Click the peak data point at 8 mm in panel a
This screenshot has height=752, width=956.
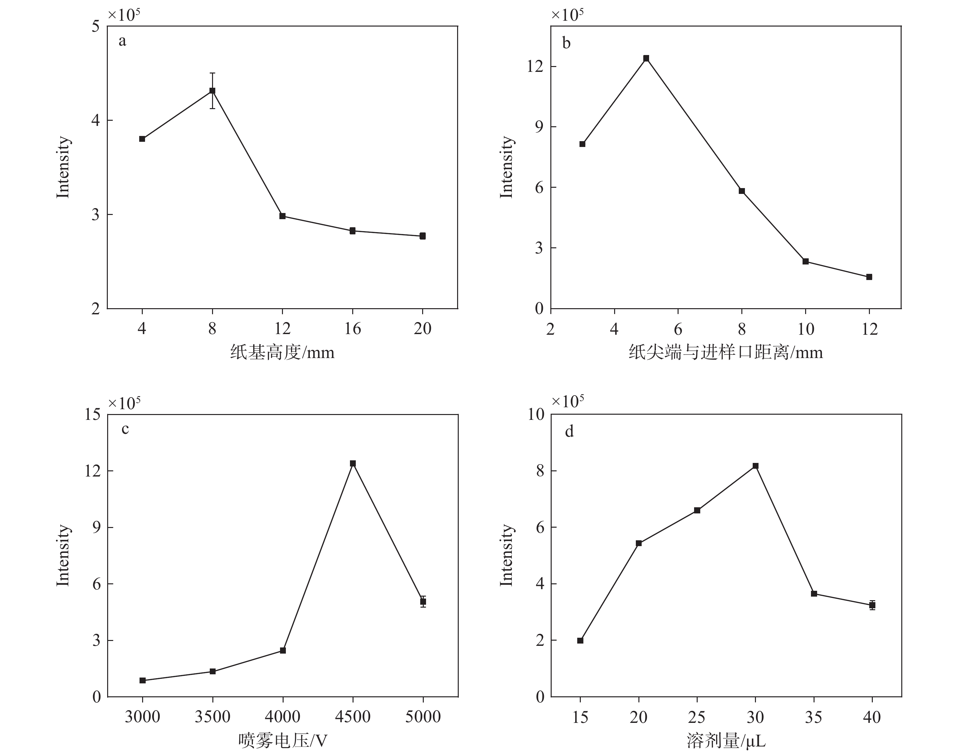point(212,91)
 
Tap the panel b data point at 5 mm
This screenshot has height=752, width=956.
point(646,59)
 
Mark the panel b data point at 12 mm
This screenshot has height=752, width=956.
point(869,277)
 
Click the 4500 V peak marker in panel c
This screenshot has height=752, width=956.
point(353,464)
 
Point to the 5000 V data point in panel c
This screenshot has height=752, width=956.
point(423,601)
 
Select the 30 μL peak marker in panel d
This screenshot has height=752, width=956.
point(756,466)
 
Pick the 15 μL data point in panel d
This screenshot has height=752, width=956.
point(580,641)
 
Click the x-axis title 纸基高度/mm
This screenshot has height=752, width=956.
point(282,353)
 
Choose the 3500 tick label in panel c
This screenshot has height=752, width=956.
point(212,717)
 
